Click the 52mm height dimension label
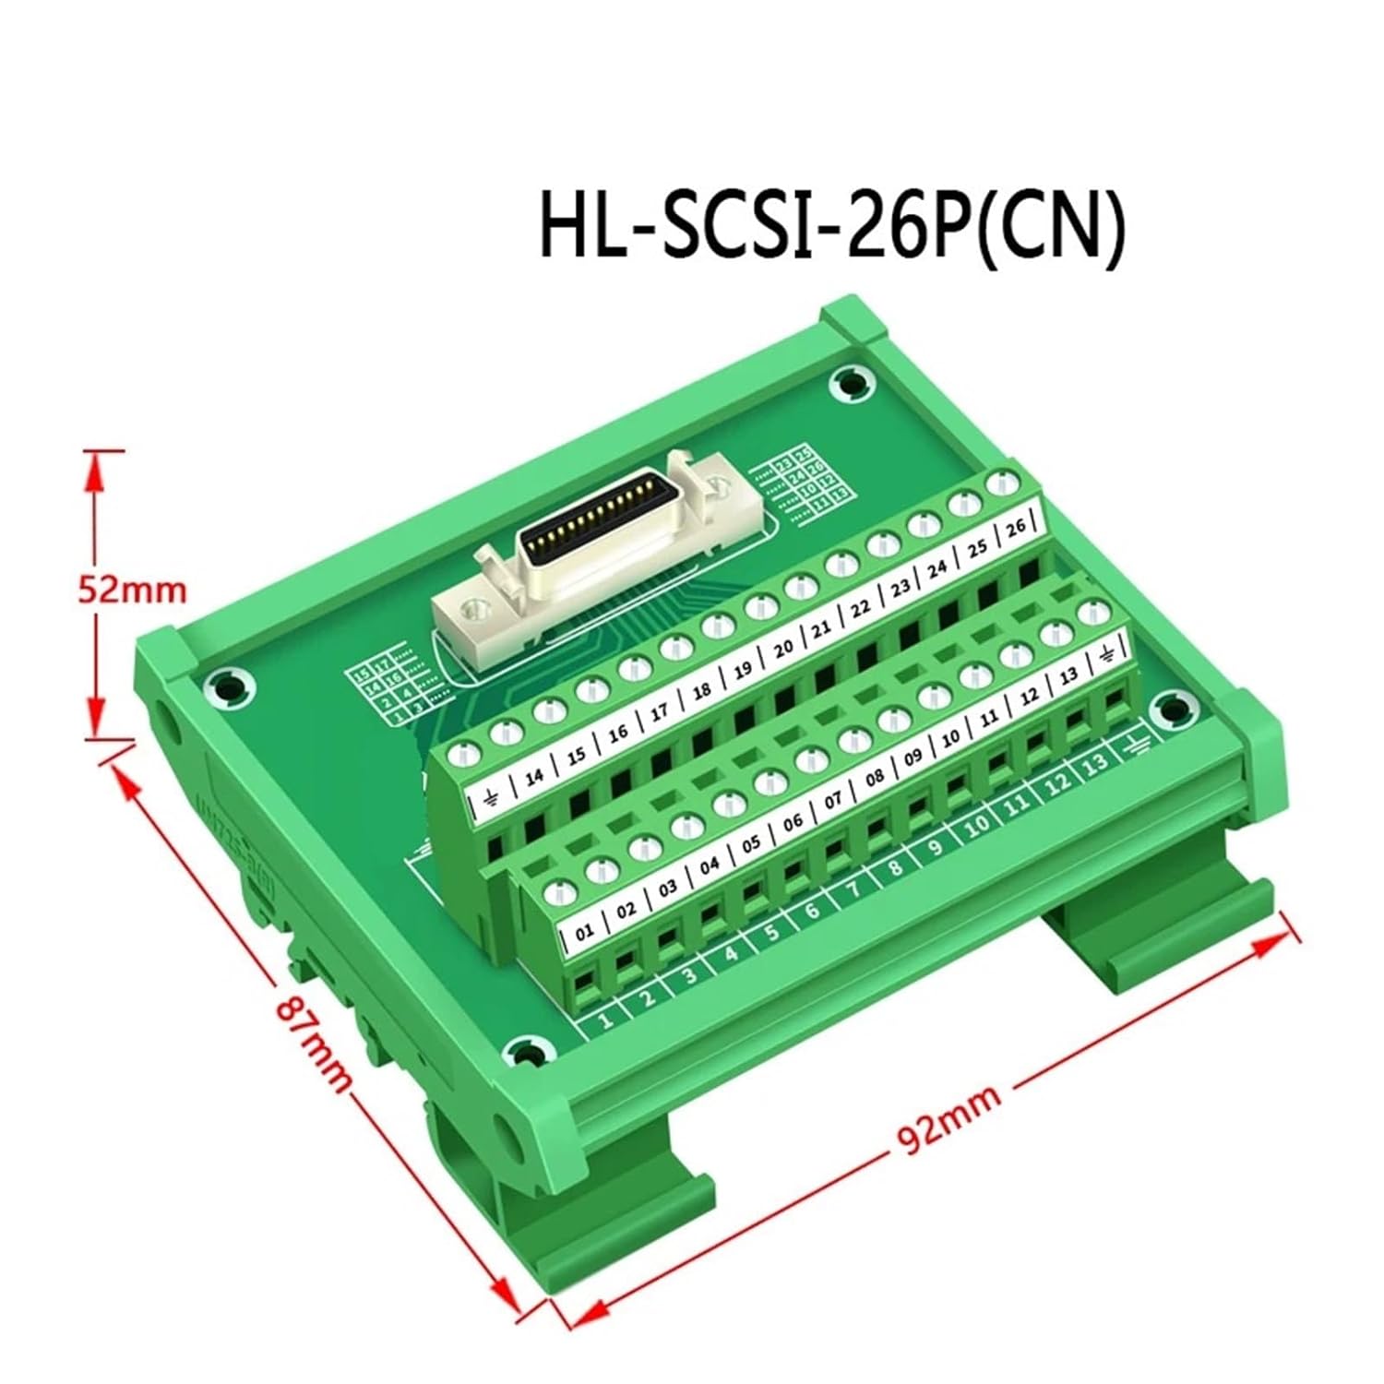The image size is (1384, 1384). coord(131,589)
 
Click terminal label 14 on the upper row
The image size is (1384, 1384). coord(533,777)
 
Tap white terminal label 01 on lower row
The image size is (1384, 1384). coord(584,933)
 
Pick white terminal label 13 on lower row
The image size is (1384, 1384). coord(1068,676)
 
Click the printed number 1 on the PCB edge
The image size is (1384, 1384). coord(606,1020)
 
